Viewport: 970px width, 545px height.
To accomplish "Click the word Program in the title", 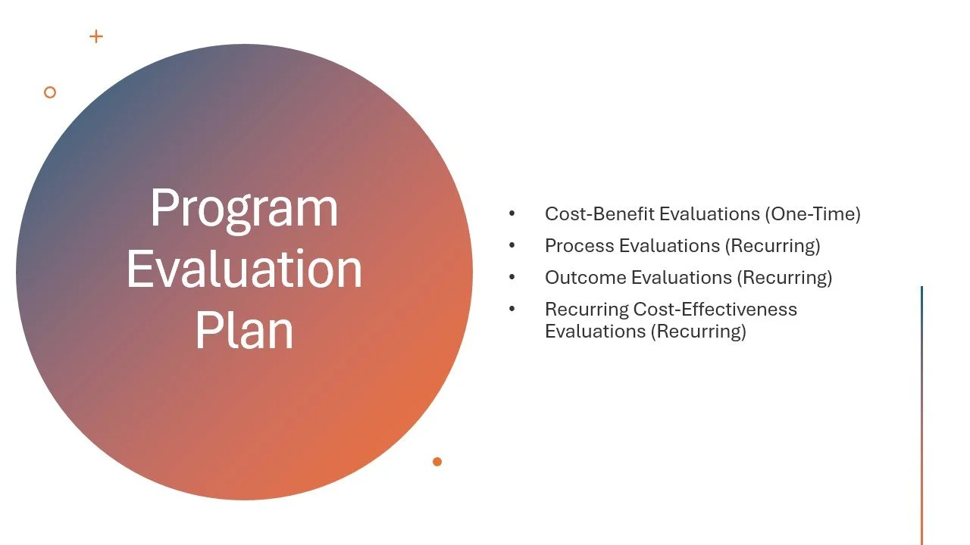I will [244, 208].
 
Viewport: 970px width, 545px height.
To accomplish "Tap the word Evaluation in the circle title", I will [244, 269].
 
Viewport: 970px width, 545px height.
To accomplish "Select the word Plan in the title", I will [244, 330].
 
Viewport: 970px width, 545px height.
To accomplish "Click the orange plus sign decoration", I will [96, 36].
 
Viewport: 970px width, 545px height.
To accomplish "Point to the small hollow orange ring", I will [50, 92].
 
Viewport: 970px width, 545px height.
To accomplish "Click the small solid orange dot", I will [437, 462].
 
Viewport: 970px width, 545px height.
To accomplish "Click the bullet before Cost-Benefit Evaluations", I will [512, 214].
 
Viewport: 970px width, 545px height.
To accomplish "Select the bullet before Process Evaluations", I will [512, 246].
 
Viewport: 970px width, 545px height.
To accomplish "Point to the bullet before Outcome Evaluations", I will [512, 278].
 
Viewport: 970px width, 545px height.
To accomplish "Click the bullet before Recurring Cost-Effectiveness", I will [512, 310].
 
